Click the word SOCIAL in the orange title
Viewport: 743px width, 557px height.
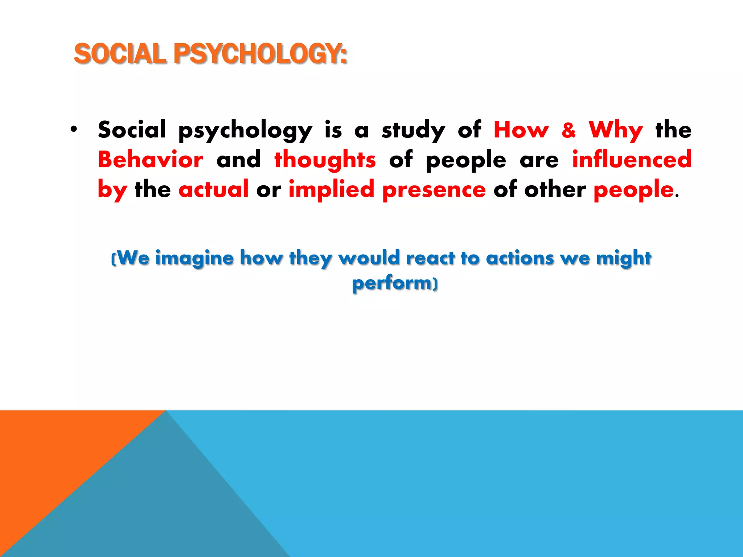(120, 54)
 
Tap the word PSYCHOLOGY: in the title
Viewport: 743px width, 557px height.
(260, 54)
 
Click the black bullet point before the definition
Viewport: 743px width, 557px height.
(74, 129)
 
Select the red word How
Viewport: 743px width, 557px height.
(521, 130)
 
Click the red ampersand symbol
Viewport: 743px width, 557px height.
(568, 130)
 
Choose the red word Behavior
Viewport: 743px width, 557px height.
(151, 160)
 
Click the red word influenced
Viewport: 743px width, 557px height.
(632, 160)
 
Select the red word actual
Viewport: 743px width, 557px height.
(213, 189)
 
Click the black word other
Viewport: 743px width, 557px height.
(555, 189)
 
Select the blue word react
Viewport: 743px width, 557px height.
(430, 258)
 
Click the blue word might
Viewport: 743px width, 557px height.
(624, 259)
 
